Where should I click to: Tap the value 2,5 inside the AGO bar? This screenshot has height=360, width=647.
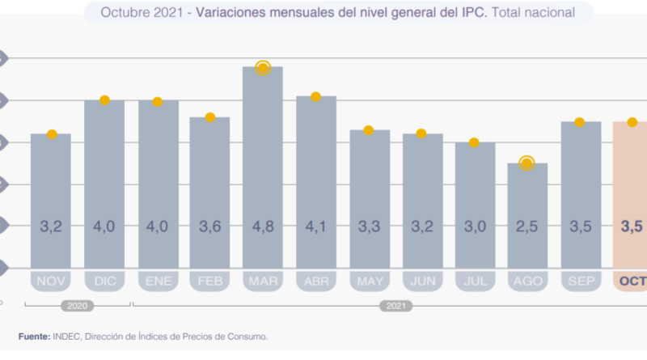pos(526,227)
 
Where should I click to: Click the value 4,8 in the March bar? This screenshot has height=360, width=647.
pos(262,227)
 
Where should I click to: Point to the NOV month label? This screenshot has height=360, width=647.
pos(52,282)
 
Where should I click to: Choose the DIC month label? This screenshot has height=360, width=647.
pos(104,282)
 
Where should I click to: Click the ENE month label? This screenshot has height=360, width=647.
pos(158,282)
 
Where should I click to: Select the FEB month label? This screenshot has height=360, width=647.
pos(210,282)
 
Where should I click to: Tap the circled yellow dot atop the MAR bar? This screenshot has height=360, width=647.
pos(262,68)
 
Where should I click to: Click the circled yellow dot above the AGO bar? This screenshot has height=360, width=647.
pos(526,163)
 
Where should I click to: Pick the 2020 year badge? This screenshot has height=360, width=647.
pos(78,307)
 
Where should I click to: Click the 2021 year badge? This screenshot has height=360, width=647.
pos(394,307)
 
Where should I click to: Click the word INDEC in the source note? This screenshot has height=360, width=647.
pos(67,336)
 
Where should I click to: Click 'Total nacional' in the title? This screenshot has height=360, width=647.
pos(534,12)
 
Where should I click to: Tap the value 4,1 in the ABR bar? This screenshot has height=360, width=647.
pos(315,227)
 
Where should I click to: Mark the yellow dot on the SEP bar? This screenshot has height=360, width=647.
pos(579,122)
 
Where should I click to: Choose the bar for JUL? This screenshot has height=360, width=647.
pos(474,202)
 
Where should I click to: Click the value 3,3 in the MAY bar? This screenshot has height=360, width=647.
pos(368,227)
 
